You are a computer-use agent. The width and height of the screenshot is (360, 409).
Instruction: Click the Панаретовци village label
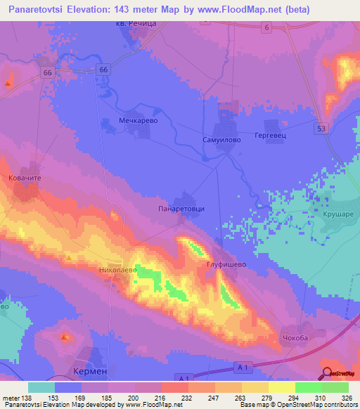coord(181,209)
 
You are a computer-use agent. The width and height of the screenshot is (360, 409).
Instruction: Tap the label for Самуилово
coord(223,138)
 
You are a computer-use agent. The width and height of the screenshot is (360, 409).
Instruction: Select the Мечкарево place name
coord(137,121)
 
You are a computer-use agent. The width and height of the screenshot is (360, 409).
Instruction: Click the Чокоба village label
coord(295,337)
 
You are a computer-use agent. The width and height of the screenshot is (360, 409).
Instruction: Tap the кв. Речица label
coord(138,24)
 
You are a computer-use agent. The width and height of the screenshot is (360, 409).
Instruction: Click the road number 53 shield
coord(321,128)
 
